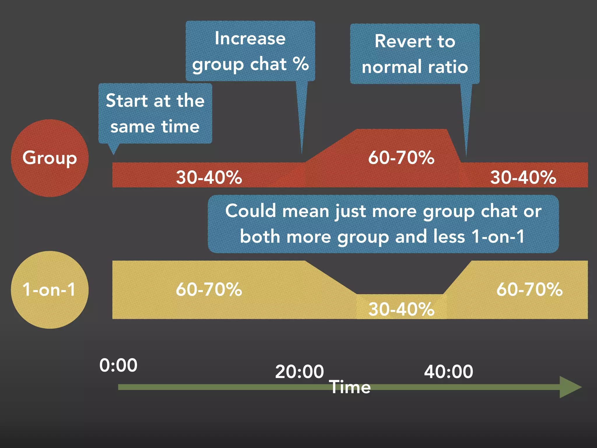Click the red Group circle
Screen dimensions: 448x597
[50, 158]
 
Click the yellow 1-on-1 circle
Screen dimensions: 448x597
[50, 290]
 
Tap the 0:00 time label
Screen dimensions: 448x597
[118, 365]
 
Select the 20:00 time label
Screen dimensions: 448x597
[299, 372]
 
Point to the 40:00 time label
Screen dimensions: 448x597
[448, 372]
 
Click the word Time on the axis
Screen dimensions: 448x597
[350, 387]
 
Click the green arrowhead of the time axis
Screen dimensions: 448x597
[570, 387]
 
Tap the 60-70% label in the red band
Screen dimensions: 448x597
[401, 158]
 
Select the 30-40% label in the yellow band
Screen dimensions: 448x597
[401, 309]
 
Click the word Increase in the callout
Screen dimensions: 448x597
[250, 38]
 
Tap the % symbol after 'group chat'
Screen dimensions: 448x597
[301, 64]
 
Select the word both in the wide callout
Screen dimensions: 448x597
[260, 236]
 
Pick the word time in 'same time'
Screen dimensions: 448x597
[180, 127]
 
